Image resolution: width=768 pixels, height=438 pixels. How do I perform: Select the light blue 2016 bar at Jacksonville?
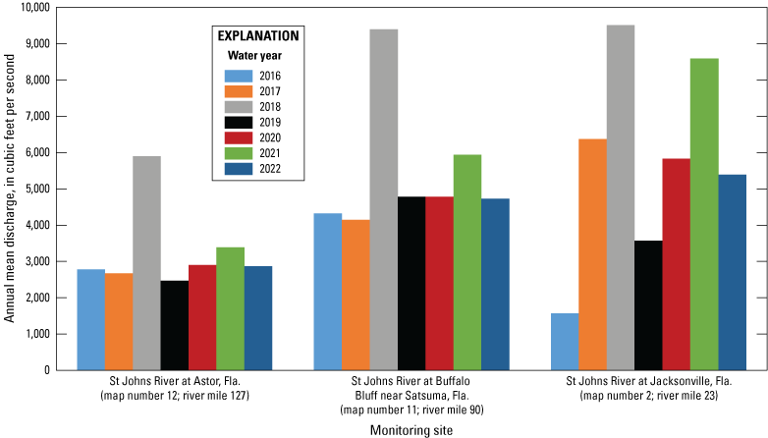click(x=565, y=342)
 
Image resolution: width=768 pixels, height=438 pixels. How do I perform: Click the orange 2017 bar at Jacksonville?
click(x=592, y=254)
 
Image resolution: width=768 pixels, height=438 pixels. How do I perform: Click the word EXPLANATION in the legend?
click(x=257, y=35)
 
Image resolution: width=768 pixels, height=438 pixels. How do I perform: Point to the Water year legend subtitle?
click(x=257, y=56)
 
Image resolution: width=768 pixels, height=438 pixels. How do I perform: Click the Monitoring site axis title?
click(x=411, y=429)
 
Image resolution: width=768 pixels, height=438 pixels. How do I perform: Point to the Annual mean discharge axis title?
click(x=10, y=189)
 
